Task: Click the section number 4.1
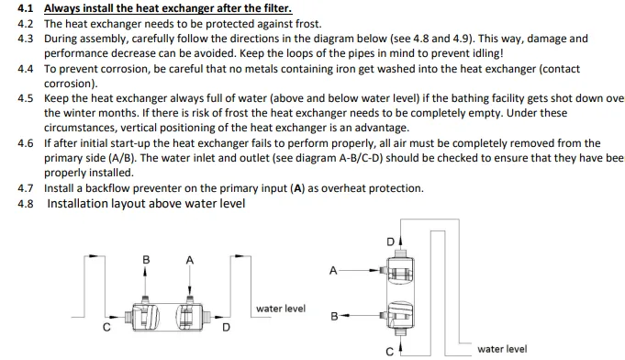point(25,8)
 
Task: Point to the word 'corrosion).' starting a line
point(71,84)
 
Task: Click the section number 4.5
point(25,98)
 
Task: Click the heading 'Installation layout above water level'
point(146,204)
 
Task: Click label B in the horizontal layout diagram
point(146,260)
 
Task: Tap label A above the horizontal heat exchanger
point(190,260)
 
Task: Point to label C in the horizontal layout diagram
point(106,327)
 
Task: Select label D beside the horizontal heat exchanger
point(226,328)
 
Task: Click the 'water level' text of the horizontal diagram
point(281,309)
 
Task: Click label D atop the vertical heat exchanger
point(391,242)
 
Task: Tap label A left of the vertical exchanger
point(333,271)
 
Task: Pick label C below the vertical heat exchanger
point(390,352)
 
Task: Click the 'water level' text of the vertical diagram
point(502,349)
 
